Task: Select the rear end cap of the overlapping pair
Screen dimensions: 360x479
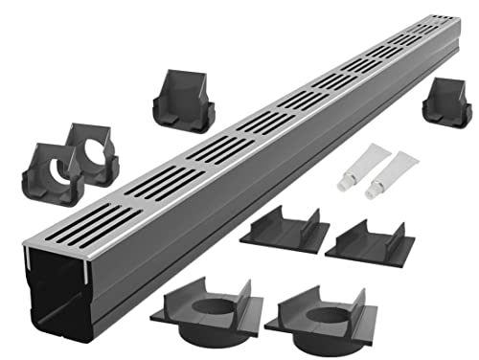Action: tap(94, 152)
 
